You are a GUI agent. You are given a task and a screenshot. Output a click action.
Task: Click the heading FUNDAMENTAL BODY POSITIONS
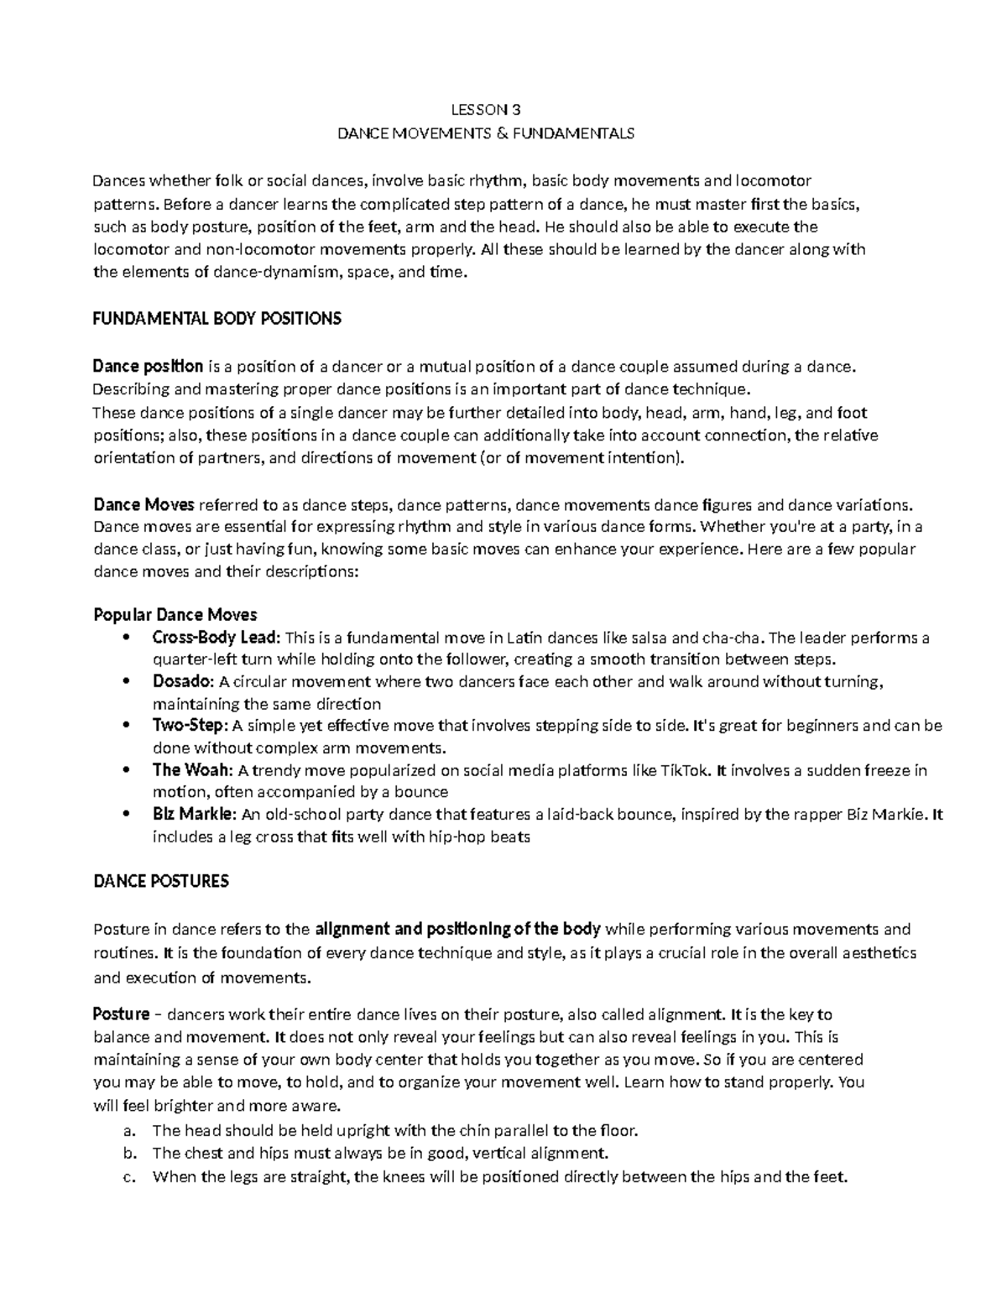217,319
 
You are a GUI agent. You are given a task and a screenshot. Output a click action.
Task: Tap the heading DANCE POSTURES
161,882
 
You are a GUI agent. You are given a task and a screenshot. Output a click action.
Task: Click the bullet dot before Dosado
126,681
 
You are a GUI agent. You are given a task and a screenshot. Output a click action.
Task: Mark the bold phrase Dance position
148,367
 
